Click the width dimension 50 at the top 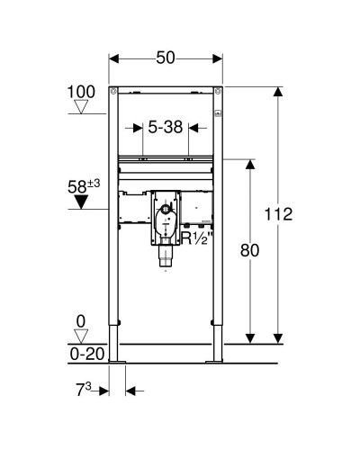[x=166, y=57]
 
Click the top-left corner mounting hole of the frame [x=112, y=91]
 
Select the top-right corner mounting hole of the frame [x=220, y=91]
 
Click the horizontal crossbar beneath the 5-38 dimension [x=166, y=163]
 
